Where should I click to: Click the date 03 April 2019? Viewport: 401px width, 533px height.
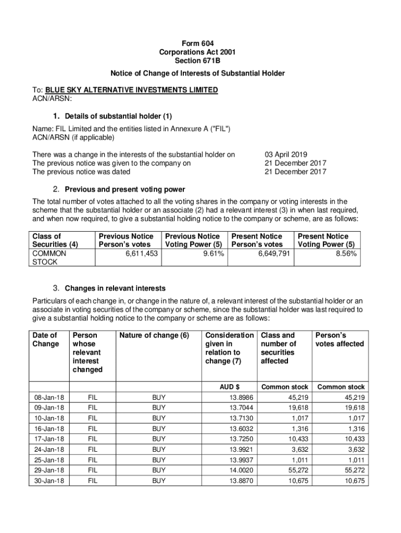(286, 155)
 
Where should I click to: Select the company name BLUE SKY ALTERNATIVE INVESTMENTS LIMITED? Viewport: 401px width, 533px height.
(131, 90)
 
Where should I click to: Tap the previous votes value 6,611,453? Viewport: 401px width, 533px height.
(141, 253)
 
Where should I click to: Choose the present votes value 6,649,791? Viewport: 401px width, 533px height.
(273, 253)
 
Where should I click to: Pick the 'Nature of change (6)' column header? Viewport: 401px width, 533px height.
(154, 336)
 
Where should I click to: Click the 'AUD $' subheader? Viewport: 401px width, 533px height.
(229, 387)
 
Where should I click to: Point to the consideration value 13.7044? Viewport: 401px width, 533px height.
(242, 408)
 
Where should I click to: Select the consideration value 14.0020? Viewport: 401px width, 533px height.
(242, 470)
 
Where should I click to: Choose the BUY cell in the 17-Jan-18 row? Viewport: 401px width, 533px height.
(159, 439)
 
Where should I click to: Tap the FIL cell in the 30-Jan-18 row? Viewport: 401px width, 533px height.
(93, 480)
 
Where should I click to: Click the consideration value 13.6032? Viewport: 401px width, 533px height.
(242, 428)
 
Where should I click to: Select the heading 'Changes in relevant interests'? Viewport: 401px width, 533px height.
(115, 288)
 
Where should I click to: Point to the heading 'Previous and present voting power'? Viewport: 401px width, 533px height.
(125, 189)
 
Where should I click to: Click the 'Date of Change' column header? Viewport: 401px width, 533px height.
(46, 340)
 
